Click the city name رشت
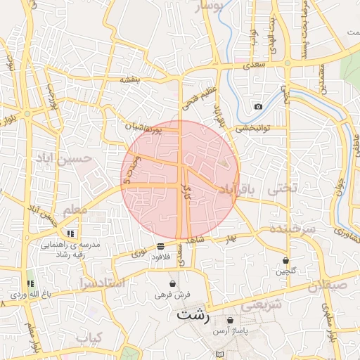(194, 314)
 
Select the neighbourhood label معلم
(75, 210)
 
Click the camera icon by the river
(258, 106)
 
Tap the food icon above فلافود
(162, 246)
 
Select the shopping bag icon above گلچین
(285, 259)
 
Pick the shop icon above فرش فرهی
(172, 283)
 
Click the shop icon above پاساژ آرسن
(230, 321)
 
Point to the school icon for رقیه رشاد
(70, 233)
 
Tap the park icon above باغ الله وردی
(30, 281)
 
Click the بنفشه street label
(131, 80)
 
